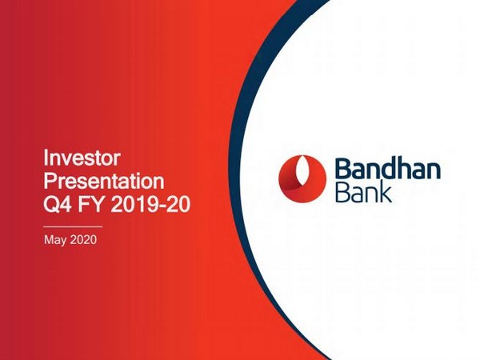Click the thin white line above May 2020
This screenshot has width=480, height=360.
tap(73, 227)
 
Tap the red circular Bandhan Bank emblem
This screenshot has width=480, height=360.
tap(302, 175)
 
